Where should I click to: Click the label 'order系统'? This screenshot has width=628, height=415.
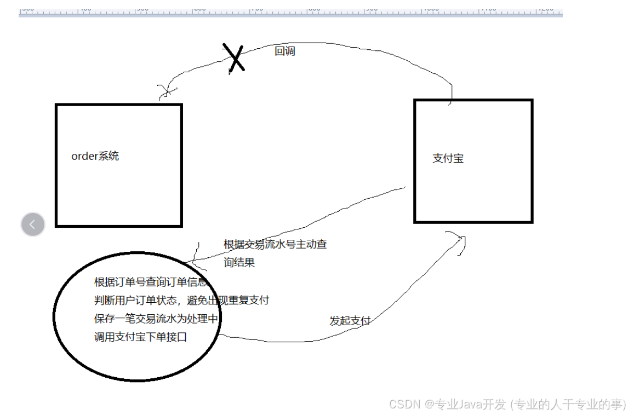tap(95, 156)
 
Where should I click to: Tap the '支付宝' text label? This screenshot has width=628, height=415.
tap(448, 158)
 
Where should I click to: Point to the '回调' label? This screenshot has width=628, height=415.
tap(284, 51)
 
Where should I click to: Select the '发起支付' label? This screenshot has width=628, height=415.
tap(350, 321)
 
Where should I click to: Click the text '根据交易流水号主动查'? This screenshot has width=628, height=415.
tap(275, 244)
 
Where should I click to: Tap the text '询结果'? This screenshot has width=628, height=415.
tap(239, 263)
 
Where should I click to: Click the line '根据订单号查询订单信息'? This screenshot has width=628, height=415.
tap(151, 283)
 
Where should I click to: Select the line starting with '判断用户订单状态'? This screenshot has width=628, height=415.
tap(181, 301)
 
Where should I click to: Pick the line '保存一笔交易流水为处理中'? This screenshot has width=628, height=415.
tap(156, 319)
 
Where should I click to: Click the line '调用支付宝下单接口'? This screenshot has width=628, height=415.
tap(140, 337)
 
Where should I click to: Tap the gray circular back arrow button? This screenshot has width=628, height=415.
tap(33, 224)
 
